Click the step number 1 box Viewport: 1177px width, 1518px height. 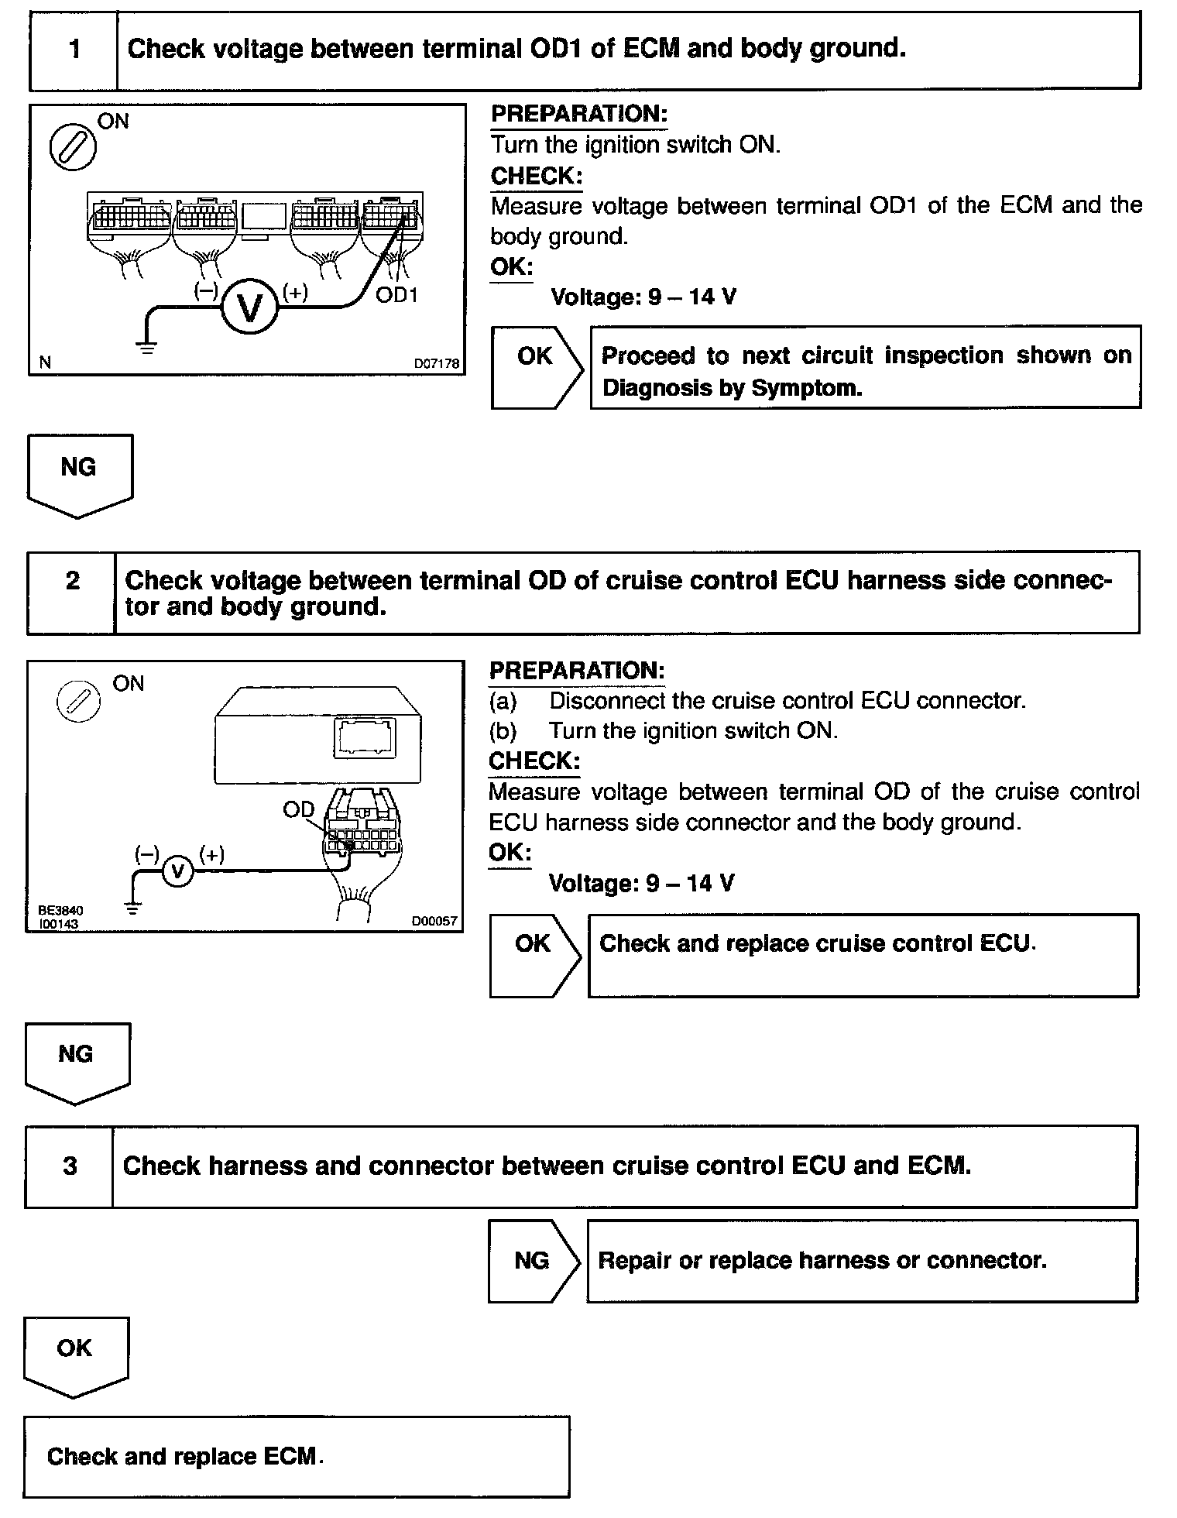tap(74, 50)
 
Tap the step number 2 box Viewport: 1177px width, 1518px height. tap(72, 592)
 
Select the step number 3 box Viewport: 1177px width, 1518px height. tap(70, 1166)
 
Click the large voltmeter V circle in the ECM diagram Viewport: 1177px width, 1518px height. tap(249, 307)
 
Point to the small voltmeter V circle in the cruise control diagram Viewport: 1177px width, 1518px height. tap(178, 872)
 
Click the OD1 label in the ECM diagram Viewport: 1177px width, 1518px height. tap(396, 295)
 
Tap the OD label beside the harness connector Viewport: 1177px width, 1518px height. tap(298, 810)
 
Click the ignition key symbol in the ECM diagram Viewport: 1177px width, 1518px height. tap(73, 147)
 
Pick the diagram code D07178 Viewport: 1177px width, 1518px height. tap(436, 362)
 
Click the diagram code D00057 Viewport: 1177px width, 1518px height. tap(434, 921)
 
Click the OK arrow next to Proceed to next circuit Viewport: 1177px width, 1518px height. tap(536, 366)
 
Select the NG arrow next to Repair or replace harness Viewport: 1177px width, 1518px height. tap(533, 1261)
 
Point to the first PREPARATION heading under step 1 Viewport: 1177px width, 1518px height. tap(578, 114)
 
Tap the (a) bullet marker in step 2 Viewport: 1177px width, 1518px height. tap(503, 701)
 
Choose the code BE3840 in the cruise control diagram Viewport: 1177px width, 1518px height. tap(60, 911)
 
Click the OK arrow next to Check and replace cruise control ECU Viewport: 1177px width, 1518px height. tap(534, 954)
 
